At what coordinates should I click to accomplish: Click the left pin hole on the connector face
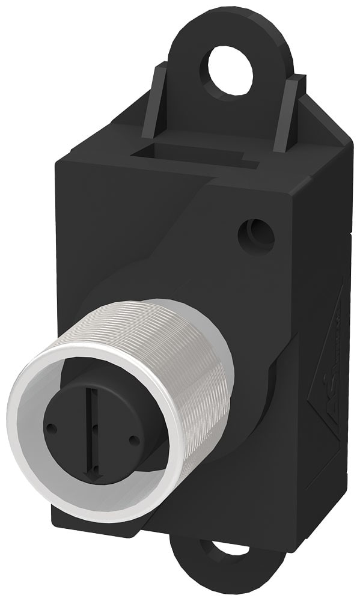pos(52,429)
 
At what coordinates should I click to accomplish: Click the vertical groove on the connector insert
pos(90,415)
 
